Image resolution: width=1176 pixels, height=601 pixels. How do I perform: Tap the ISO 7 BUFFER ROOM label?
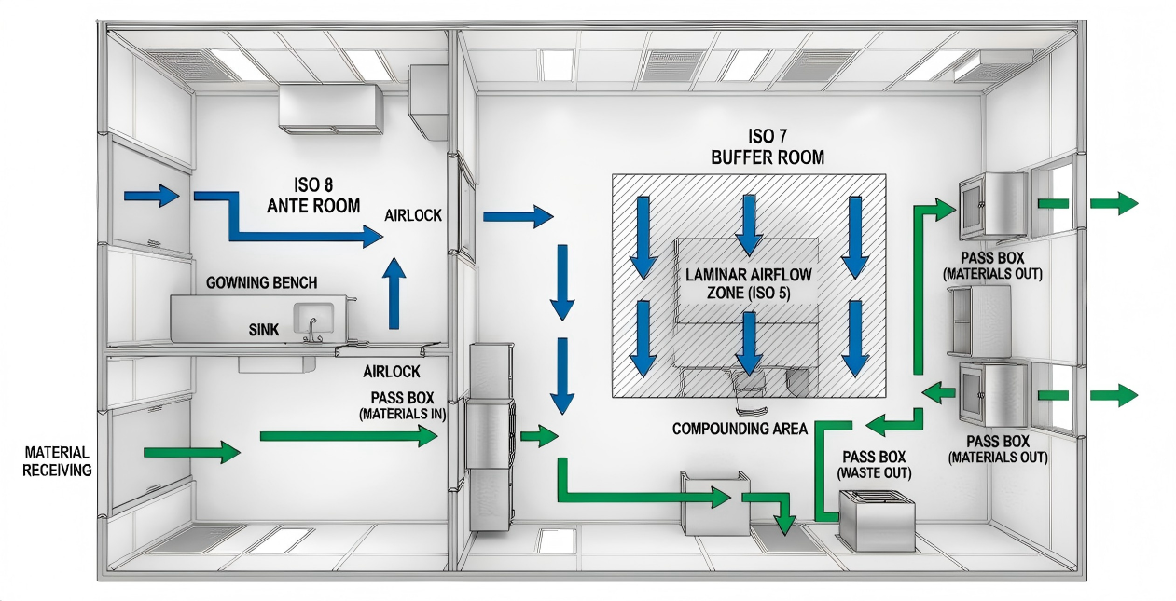click(x=767, y=146)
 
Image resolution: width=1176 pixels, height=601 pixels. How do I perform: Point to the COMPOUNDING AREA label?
click(x=740, y=429)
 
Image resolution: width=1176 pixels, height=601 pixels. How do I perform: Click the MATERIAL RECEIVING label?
click(x=58, y=461)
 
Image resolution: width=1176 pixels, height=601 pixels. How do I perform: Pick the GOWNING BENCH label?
click(x=260, y=282)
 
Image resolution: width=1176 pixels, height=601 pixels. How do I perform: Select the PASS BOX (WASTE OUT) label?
click(x=877, y=465)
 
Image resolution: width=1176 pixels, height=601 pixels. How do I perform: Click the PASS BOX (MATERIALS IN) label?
click(x=402, y=404)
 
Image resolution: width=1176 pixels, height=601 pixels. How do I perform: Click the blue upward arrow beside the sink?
click(x=395, y=293)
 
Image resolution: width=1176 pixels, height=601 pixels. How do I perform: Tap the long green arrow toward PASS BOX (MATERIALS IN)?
click(x=349, y=435)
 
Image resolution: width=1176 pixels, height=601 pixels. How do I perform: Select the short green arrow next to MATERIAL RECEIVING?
click(x=192, y=454)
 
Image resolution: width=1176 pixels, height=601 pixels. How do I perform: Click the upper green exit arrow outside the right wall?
click(x=1114, y=203)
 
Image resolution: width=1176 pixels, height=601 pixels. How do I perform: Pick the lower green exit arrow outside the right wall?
click(x=1114, y=394)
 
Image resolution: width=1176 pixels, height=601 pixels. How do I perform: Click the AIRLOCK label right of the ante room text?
click(x=412, y=216)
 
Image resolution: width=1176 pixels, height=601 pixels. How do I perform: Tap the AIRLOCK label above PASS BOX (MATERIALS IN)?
click(x=391, y=371)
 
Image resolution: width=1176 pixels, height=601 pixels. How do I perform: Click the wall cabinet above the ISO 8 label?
click(x=331, y=107)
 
